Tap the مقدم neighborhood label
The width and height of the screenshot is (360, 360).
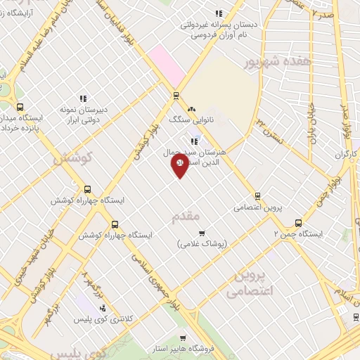[186, 216]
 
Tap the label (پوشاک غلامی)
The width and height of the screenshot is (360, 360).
[201, 243]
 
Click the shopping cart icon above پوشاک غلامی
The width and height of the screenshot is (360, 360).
[202, 233]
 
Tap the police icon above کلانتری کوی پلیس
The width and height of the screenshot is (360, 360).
[103, 308]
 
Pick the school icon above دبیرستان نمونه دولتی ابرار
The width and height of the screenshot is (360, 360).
[82, 99]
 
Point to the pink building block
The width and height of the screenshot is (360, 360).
[165, 63]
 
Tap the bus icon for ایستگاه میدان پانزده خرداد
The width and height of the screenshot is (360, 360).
[19, 108]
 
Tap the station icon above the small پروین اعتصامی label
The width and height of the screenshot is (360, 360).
[257, 196]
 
